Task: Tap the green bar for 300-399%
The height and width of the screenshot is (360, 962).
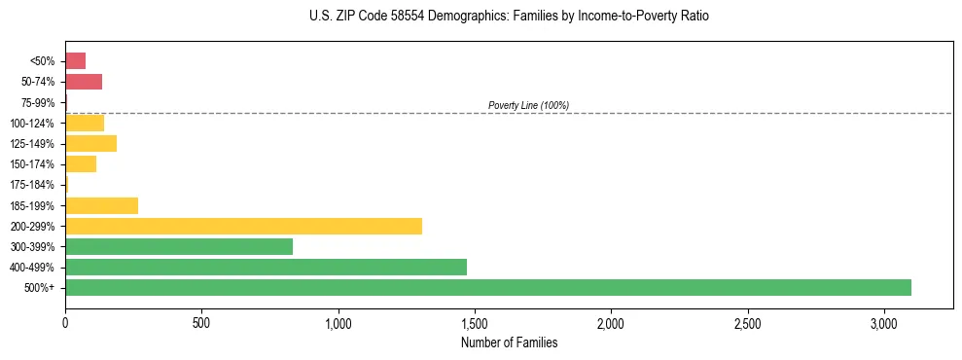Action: coord(179,246)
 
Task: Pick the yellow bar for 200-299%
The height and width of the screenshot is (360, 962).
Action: coord(243,226)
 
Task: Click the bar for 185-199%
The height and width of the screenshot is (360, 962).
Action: coord(101,205)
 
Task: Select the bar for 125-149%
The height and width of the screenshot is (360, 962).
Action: coord(90,143)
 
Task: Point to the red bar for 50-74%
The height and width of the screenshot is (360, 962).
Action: coord(84,82)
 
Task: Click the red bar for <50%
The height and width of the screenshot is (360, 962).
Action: coord(75,61)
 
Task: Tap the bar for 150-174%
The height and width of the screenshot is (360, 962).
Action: coord(81,164)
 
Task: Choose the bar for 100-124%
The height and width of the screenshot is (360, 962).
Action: coord(85,123)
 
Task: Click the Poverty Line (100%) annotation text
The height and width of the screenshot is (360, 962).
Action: coord(528,105)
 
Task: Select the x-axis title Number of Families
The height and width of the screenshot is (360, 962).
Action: coord(509,342)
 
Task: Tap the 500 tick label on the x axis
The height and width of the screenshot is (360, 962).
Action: coord(201,321)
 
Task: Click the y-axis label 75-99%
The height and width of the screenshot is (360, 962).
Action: coord(38,102)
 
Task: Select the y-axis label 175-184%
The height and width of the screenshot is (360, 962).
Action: coord(33,185)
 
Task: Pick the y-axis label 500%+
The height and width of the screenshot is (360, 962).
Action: coord(40,288)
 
